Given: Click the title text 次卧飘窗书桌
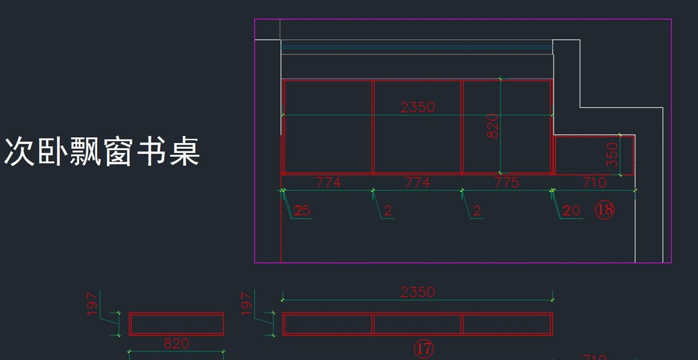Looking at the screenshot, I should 102,152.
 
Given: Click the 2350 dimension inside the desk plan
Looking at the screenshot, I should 418,107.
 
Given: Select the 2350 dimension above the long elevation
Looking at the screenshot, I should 418,292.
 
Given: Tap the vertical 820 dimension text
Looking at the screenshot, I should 492,126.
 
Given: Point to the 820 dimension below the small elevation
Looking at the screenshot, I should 176,344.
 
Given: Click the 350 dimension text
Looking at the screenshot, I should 612,155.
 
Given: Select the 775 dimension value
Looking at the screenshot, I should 506,183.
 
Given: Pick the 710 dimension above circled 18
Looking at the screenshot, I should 594,183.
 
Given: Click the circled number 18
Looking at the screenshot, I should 605,209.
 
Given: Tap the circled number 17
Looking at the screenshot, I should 423,348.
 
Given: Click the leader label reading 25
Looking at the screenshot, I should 302,211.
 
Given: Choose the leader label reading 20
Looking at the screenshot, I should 571,211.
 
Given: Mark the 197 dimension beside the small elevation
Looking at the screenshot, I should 93,304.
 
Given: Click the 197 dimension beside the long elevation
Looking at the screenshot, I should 247,304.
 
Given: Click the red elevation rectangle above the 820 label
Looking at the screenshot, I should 176,324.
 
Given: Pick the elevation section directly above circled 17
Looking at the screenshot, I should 418,324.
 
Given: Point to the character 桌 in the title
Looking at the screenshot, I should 185,152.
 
